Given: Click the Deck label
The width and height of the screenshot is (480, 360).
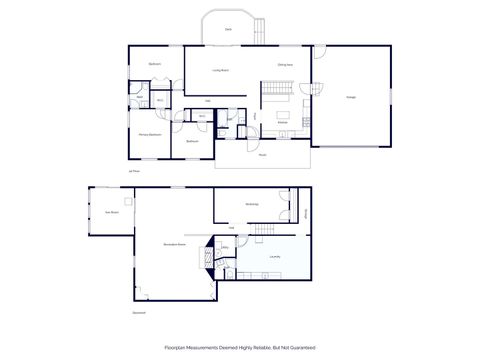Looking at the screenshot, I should coord(228,30).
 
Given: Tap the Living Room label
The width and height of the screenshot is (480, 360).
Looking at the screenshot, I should coord(221,70).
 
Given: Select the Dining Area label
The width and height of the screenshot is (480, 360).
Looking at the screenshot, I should coord(285,65).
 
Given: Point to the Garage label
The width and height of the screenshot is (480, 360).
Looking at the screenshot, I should coord(351,97).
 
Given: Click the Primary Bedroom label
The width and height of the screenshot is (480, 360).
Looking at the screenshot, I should coord(150,133).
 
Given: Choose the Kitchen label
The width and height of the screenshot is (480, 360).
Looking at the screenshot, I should coord(283,122).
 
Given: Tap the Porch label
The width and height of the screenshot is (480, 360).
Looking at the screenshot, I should coord(263,155).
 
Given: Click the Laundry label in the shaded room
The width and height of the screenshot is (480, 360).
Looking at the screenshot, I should coord(274,257).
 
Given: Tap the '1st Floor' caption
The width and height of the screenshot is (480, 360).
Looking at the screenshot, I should coord(133,171).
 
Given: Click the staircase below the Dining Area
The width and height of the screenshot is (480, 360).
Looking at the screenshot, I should coord(276,96).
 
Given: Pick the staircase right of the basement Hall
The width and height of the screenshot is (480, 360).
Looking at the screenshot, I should coord(262,231).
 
